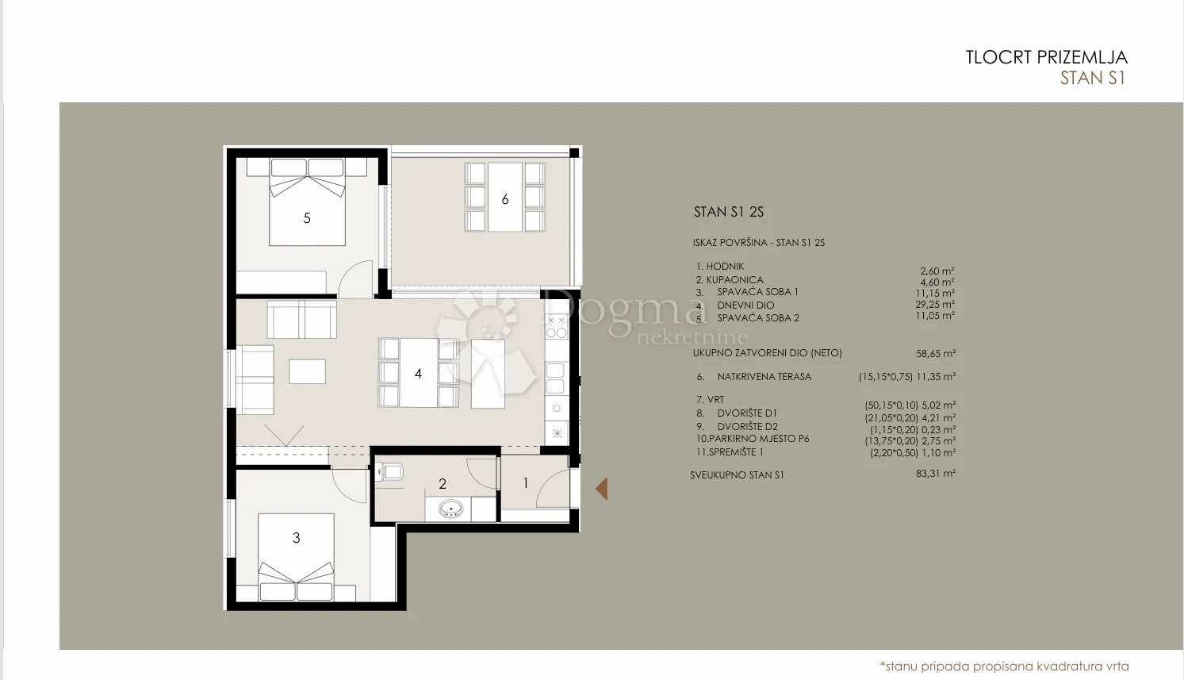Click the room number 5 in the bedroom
tap(307, 218)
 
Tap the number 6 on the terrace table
tap(505, 199)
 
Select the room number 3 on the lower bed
tap(296, 538)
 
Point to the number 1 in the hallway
tap(526, 482)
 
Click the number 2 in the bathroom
tap(443, 483)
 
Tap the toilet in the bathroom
tap(389, 471)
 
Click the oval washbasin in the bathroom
tap(451, 509)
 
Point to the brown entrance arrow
tap(601, 489)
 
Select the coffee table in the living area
tap(307, 371)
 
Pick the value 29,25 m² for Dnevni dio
tap(935, 304)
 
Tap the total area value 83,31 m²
tap(936, 473)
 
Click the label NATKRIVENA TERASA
tap(764, 377)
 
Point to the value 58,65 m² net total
tap(936, 353)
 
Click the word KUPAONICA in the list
tap(734, 280)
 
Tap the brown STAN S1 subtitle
tap(1093, 78)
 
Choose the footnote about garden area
tap(1004, 667)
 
